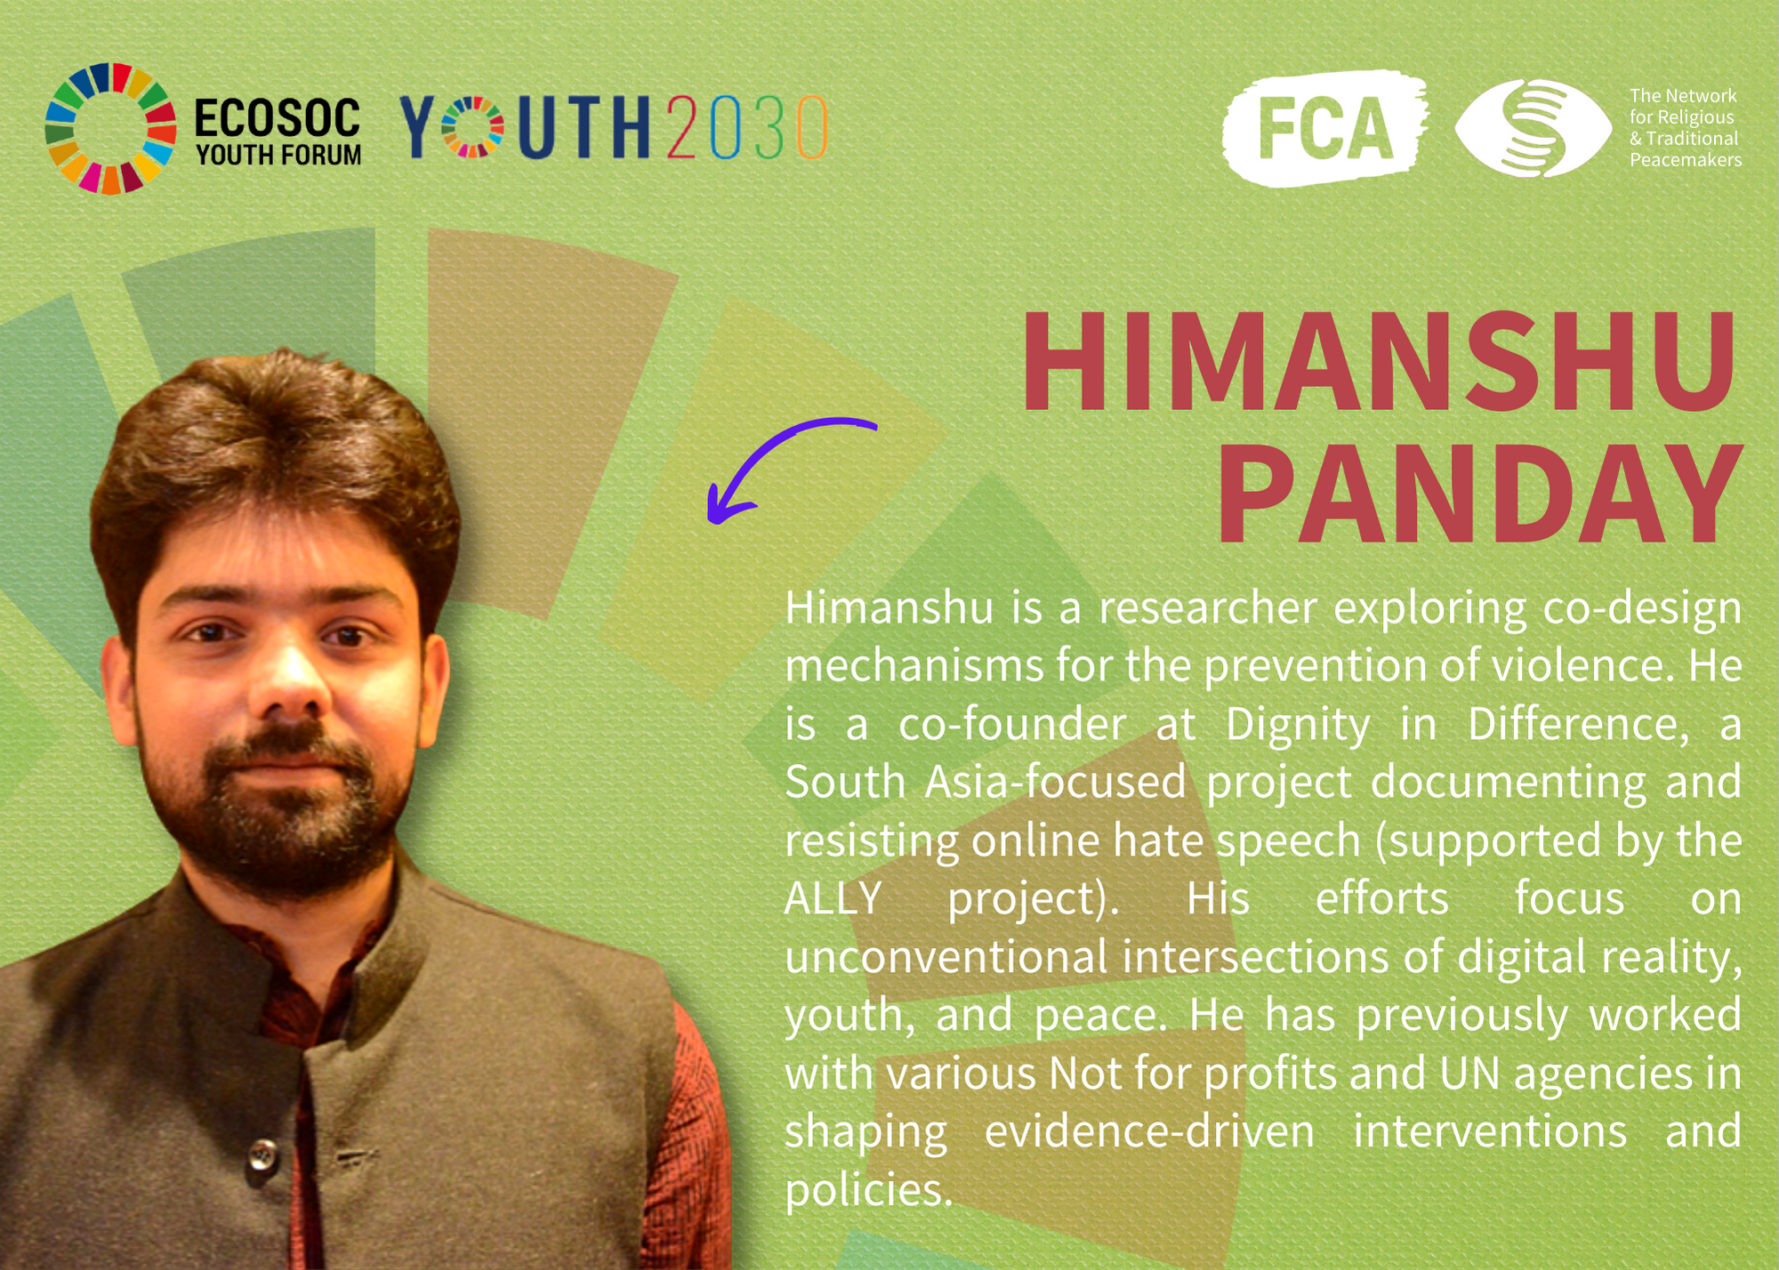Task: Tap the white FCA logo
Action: pyautogui.click(x=1325, y=128)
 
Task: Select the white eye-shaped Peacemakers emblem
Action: pyautogui.click(x=1533, y=128)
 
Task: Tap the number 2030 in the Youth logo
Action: pyautogui.click(x=747, y=127)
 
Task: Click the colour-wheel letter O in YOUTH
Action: pyautogui.click(x=472, y=127)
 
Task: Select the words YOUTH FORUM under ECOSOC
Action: pyautogui.click(x=278, y=155)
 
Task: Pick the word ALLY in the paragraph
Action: pyautogui.click(x=833, y=898)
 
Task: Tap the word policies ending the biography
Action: pyautogui.click(x=868, y=1190)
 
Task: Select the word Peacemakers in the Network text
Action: pyautogui.click(x=1686, y=160)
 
